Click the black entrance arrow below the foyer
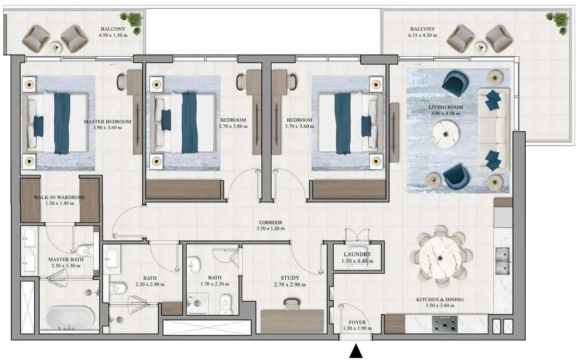coord(356,351)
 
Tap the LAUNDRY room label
coord(357,254)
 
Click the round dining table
coord(441,257)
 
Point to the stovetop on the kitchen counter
coord(445,324)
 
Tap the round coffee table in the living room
coord(445,134)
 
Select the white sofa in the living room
coord(494,130)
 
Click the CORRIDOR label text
coord(270,223)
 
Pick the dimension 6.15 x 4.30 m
coord(423,36)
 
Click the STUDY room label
coord(290,278)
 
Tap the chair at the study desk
coord(292,304)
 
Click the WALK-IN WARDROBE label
coord(60,197)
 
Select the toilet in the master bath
coord(84,251)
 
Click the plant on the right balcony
coord(559,23)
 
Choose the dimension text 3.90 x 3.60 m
coord(107,128)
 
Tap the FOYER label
coord(357,322)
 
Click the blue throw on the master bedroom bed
coord(62,124)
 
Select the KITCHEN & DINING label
coord(440,300)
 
